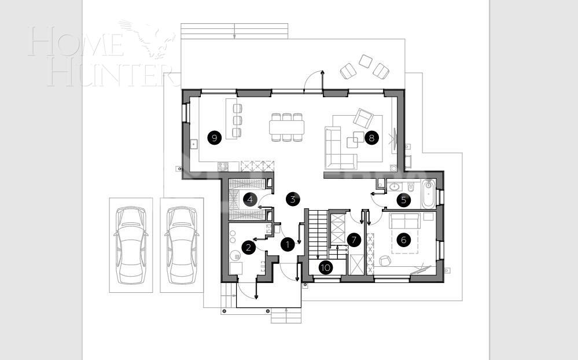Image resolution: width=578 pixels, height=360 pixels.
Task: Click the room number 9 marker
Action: click(x=214, y=138)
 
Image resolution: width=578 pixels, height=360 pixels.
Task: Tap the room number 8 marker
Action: click(x=371, y=138)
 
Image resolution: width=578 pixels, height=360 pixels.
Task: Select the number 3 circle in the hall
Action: click(x=293, y=200)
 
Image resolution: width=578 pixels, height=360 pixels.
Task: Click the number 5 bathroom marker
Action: click(x=404, y=200)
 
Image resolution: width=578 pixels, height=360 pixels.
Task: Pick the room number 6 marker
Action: click(x=404, y=239)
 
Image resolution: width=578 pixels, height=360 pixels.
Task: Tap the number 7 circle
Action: click(x=354, y=239)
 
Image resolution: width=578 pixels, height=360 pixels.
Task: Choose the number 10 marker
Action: click(x=326, y=267)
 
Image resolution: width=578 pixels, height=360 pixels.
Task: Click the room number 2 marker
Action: click(x=248, y=248)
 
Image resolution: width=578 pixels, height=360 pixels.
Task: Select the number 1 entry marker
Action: click(x=288, y=245)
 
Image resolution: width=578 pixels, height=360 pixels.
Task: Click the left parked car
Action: click(x=131, y=245)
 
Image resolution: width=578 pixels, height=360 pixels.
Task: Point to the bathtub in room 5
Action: click(x=429, y=194)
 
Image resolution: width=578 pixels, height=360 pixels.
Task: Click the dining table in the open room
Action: click(x=286, y=127)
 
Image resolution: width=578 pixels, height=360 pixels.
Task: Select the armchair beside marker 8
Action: click(x=363, y=119)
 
